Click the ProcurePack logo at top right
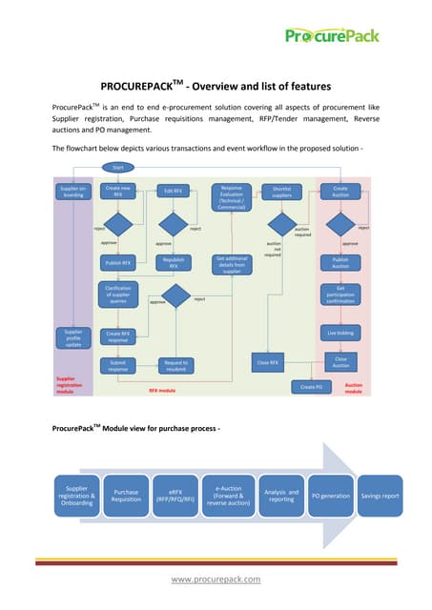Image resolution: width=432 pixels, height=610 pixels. click(332, 35)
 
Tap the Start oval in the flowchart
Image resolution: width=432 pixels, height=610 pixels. click(118, 168)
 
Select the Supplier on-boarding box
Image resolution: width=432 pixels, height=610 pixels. click(72, 192)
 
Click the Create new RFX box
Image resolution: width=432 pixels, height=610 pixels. click(118, 192)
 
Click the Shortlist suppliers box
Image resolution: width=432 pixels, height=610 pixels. click(281, 192)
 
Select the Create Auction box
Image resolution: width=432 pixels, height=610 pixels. click(340, 192)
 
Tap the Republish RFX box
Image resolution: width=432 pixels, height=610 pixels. click(174, 263)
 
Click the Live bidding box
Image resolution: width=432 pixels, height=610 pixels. click(340, 334)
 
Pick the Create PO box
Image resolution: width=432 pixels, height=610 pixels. click(311, 387)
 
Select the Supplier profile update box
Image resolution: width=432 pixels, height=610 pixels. click(72, 338)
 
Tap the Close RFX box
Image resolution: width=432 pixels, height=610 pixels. click(268, 363)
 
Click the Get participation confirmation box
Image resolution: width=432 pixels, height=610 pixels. click(340, 295)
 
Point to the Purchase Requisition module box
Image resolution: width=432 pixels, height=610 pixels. click(127, 496)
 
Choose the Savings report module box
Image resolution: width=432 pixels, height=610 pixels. click(379, 496)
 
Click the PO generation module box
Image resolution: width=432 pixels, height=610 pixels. click(331, 496)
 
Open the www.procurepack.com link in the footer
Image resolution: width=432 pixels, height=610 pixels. click(216, 578)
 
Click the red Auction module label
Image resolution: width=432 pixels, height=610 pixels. click(353, 387)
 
